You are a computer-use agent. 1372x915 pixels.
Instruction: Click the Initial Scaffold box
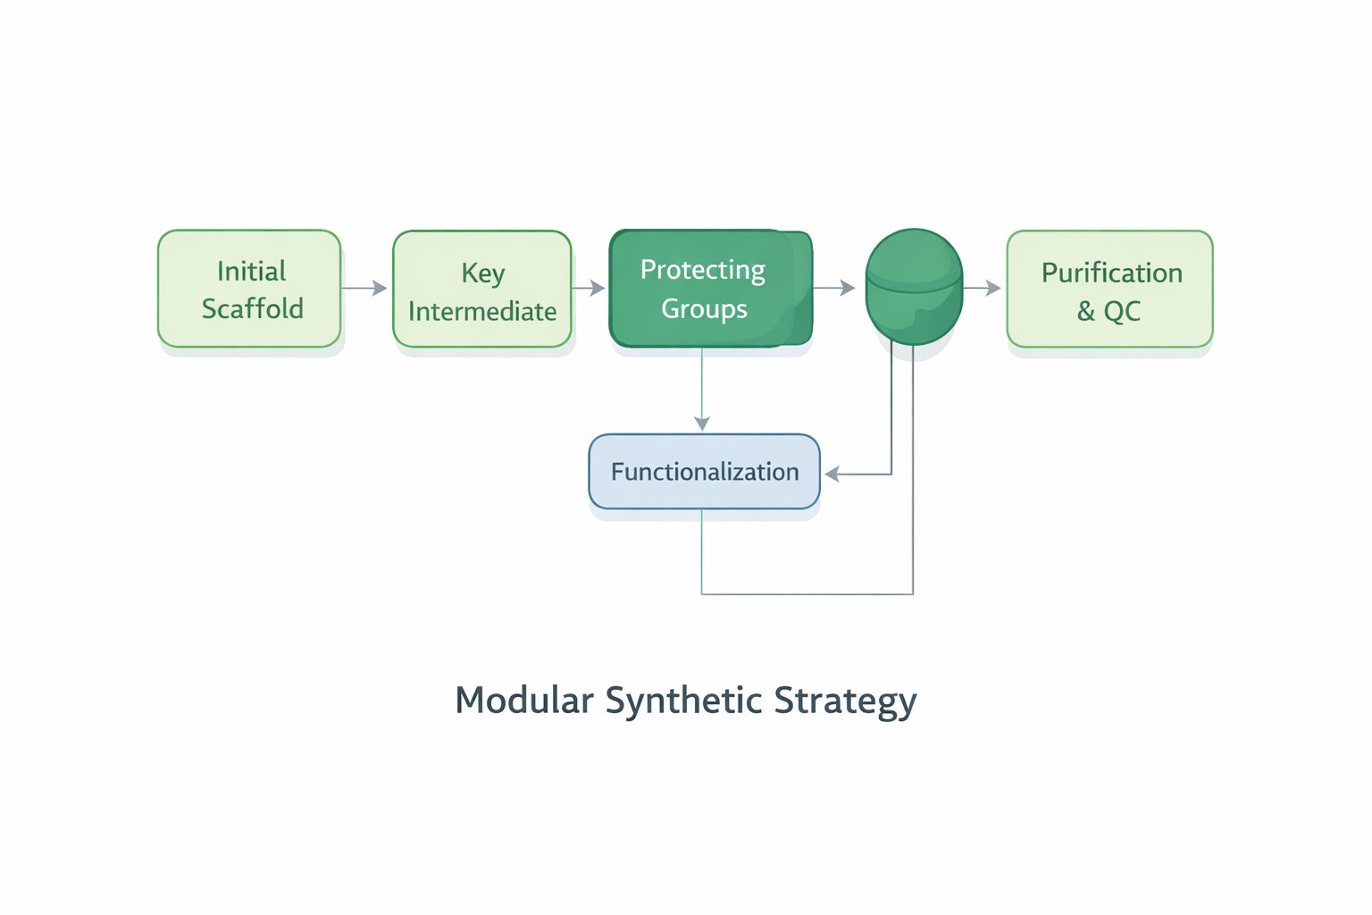pyautogui.click(x=249, y=289)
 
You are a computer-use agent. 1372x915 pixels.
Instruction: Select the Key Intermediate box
pyautogui.click(x=482, y=289)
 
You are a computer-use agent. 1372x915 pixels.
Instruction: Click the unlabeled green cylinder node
pyautogui.click(x=914, y=287)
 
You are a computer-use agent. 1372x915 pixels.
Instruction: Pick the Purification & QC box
pyautogui.click(x=1109, y=289)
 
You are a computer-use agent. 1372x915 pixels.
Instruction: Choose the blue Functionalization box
pyautogui.click(x=704, y=472)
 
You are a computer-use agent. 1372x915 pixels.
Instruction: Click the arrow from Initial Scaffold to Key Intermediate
pyautogui.click(x=364, y=288)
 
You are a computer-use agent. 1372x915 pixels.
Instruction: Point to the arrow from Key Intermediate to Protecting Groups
pyautogui.click(x=589, y=288)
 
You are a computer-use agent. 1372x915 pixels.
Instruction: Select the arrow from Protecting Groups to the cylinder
pyautogui.click(x=834, y=288)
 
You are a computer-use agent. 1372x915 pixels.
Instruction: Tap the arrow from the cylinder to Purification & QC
pyautogui.click(x=982, y=288)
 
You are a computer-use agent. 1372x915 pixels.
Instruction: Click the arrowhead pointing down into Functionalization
pyautogui.click(x=702, y=424)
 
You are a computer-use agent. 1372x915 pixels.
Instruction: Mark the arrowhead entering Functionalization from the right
pyautogui.click(x=832, y=474)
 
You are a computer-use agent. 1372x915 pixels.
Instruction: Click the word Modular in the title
pyautogui.click(x=524, y=700)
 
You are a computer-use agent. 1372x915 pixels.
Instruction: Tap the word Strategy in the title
pyautogui.click(x=845, y=701)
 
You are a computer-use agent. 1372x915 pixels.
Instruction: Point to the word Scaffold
pyautogui.click(x=253, y=308)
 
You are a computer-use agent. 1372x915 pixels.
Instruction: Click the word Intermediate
pyautogui.click(x=482, y=311)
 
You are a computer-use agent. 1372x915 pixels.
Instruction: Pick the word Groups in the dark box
pyautogui.click(x=704, y=309)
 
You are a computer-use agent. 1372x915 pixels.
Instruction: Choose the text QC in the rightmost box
pyautogui.click(x=1122, y=311)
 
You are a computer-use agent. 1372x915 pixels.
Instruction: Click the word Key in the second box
pyautogui.click(x=483, y=273)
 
